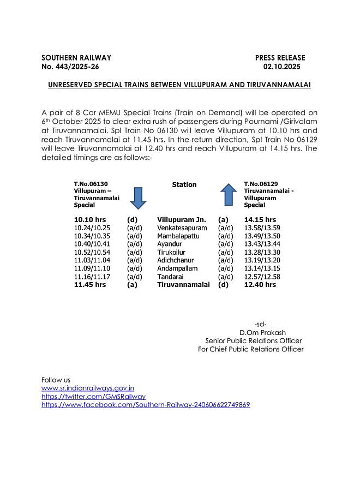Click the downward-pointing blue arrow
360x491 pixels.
tap(138, 197)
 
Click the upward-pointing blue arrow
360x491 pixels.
tap(228, 195)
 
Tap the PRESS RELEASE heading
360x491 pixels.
tap(280, 58)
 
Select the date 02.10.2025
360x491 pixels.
tap(281, 67)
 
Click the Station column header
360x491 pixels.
tap(184, 185)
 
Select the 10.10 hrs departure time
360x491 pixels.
tap(90, 219)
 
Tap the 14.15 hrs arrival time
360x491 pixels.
tap(260, 219)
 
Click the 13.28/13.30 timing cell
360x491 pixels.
tap(261, 252)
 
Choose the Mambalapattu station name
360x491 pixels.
tap(178, 236)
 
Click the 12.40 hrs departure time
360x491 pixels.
tap(260, 285)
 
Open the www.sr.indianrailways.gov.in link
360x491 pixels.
tap(88, 388)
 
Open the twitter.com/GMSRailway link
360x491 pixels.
tap(94, 397)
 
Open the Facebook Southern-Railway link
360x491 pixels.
tap(146, 405)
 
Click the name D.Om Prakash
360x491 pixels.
tap(262, 332)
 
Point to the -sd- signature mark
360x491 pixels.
tap(260, 324)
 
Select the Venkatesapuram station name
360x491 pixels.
tap(182, 227)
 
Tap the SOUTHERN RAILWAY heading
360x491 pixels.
tap(76, 58)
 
